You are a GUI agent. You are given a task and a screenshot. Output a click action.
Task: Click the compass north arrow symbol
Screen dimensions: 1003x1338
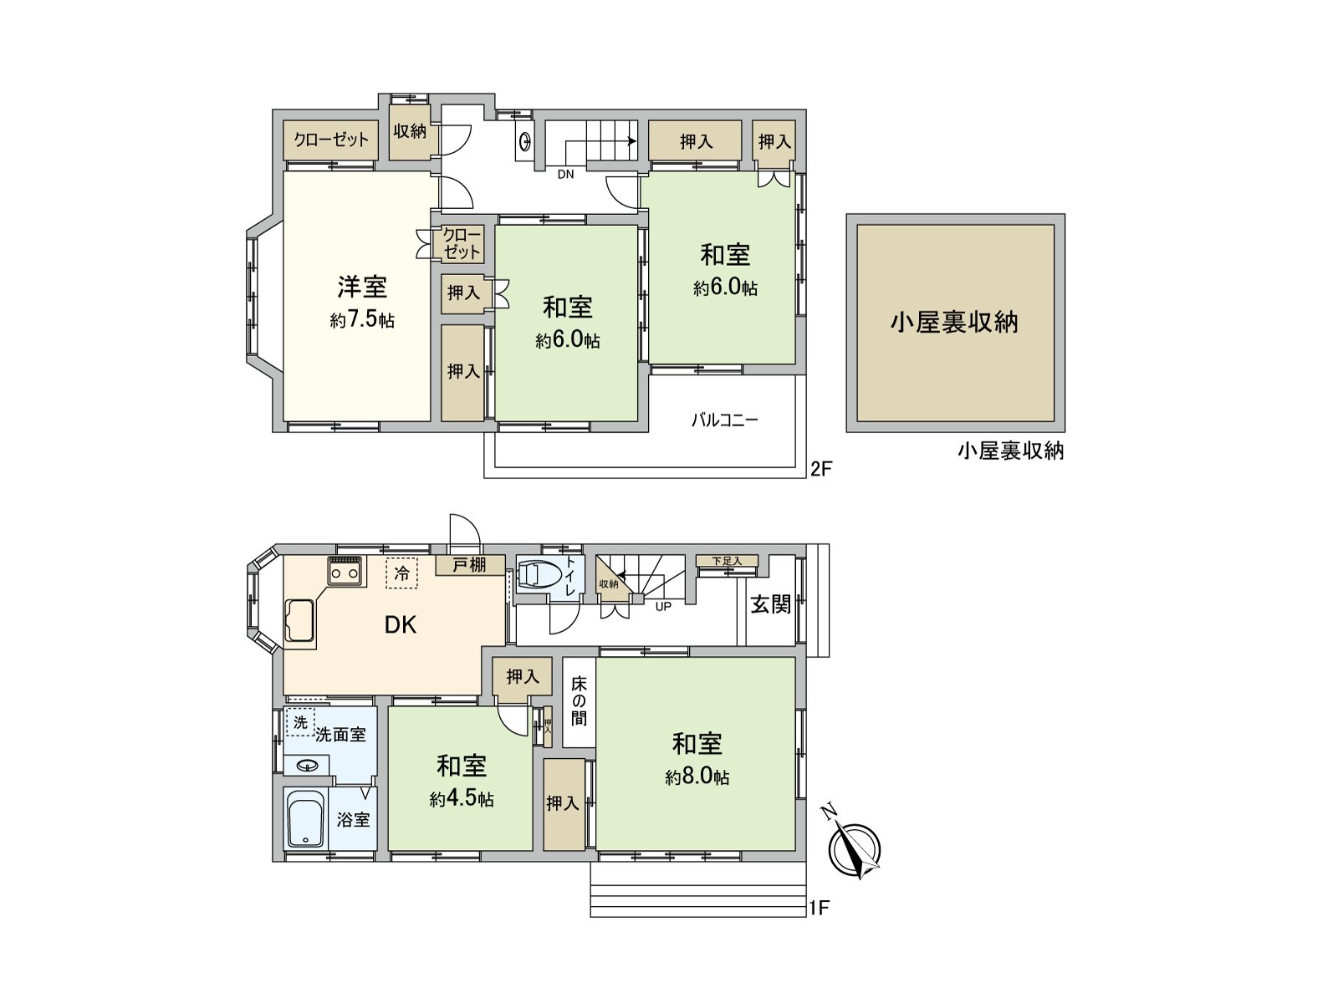pos(854,848)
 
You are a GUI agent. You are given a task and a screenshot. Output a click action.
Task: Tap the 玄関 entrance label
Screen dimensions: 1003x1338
pos(770,604)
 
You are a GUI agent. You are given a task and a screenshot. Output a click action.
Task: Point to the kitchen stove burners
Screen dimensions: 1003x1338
pos(345,573)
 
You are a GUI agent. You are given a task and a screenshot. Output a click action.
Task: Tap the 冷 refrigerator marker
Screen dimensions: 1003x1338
pos(402,574)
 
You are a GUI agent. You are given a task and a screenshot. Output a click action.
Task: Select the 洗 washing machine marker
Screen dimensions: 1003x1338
pos(300,722)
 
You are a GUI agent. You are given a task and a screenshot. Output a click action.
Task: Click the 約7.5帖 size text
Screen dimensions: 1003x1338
pos(362,320)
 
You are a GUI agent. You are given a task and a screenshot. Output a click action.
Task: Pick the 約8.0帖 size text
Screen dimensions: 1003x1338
pos(697,777)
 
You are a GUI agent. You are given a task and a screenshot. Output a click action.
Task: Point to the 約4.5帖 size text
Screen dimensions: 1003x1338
pos(462,799)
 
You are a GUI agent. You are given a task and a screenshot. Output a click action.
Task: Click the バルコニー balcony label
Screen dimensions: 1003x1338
pos(724,420)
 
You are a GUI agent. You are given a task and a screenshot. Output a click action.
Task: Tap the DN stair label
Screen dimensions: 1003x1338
pos(566,175)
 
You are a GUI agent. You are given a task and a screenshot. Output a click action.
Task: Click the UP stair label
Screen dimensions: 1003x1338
pos(663,607)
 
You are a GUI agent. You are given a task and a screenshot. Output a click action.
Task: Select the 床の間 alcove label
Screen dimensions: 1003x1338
pos(579,701)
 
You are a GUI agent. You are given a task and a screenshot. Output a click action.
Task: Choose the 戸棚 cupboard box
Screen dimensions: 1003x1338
pos(469,565)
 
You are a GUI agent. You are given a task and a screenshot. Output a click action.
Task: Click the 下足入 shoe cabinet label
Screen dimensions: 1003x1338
pos(727,561)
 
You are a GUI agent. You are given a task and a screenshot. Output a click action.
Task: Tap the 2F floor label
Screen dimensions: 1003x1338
pos(821,468)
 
